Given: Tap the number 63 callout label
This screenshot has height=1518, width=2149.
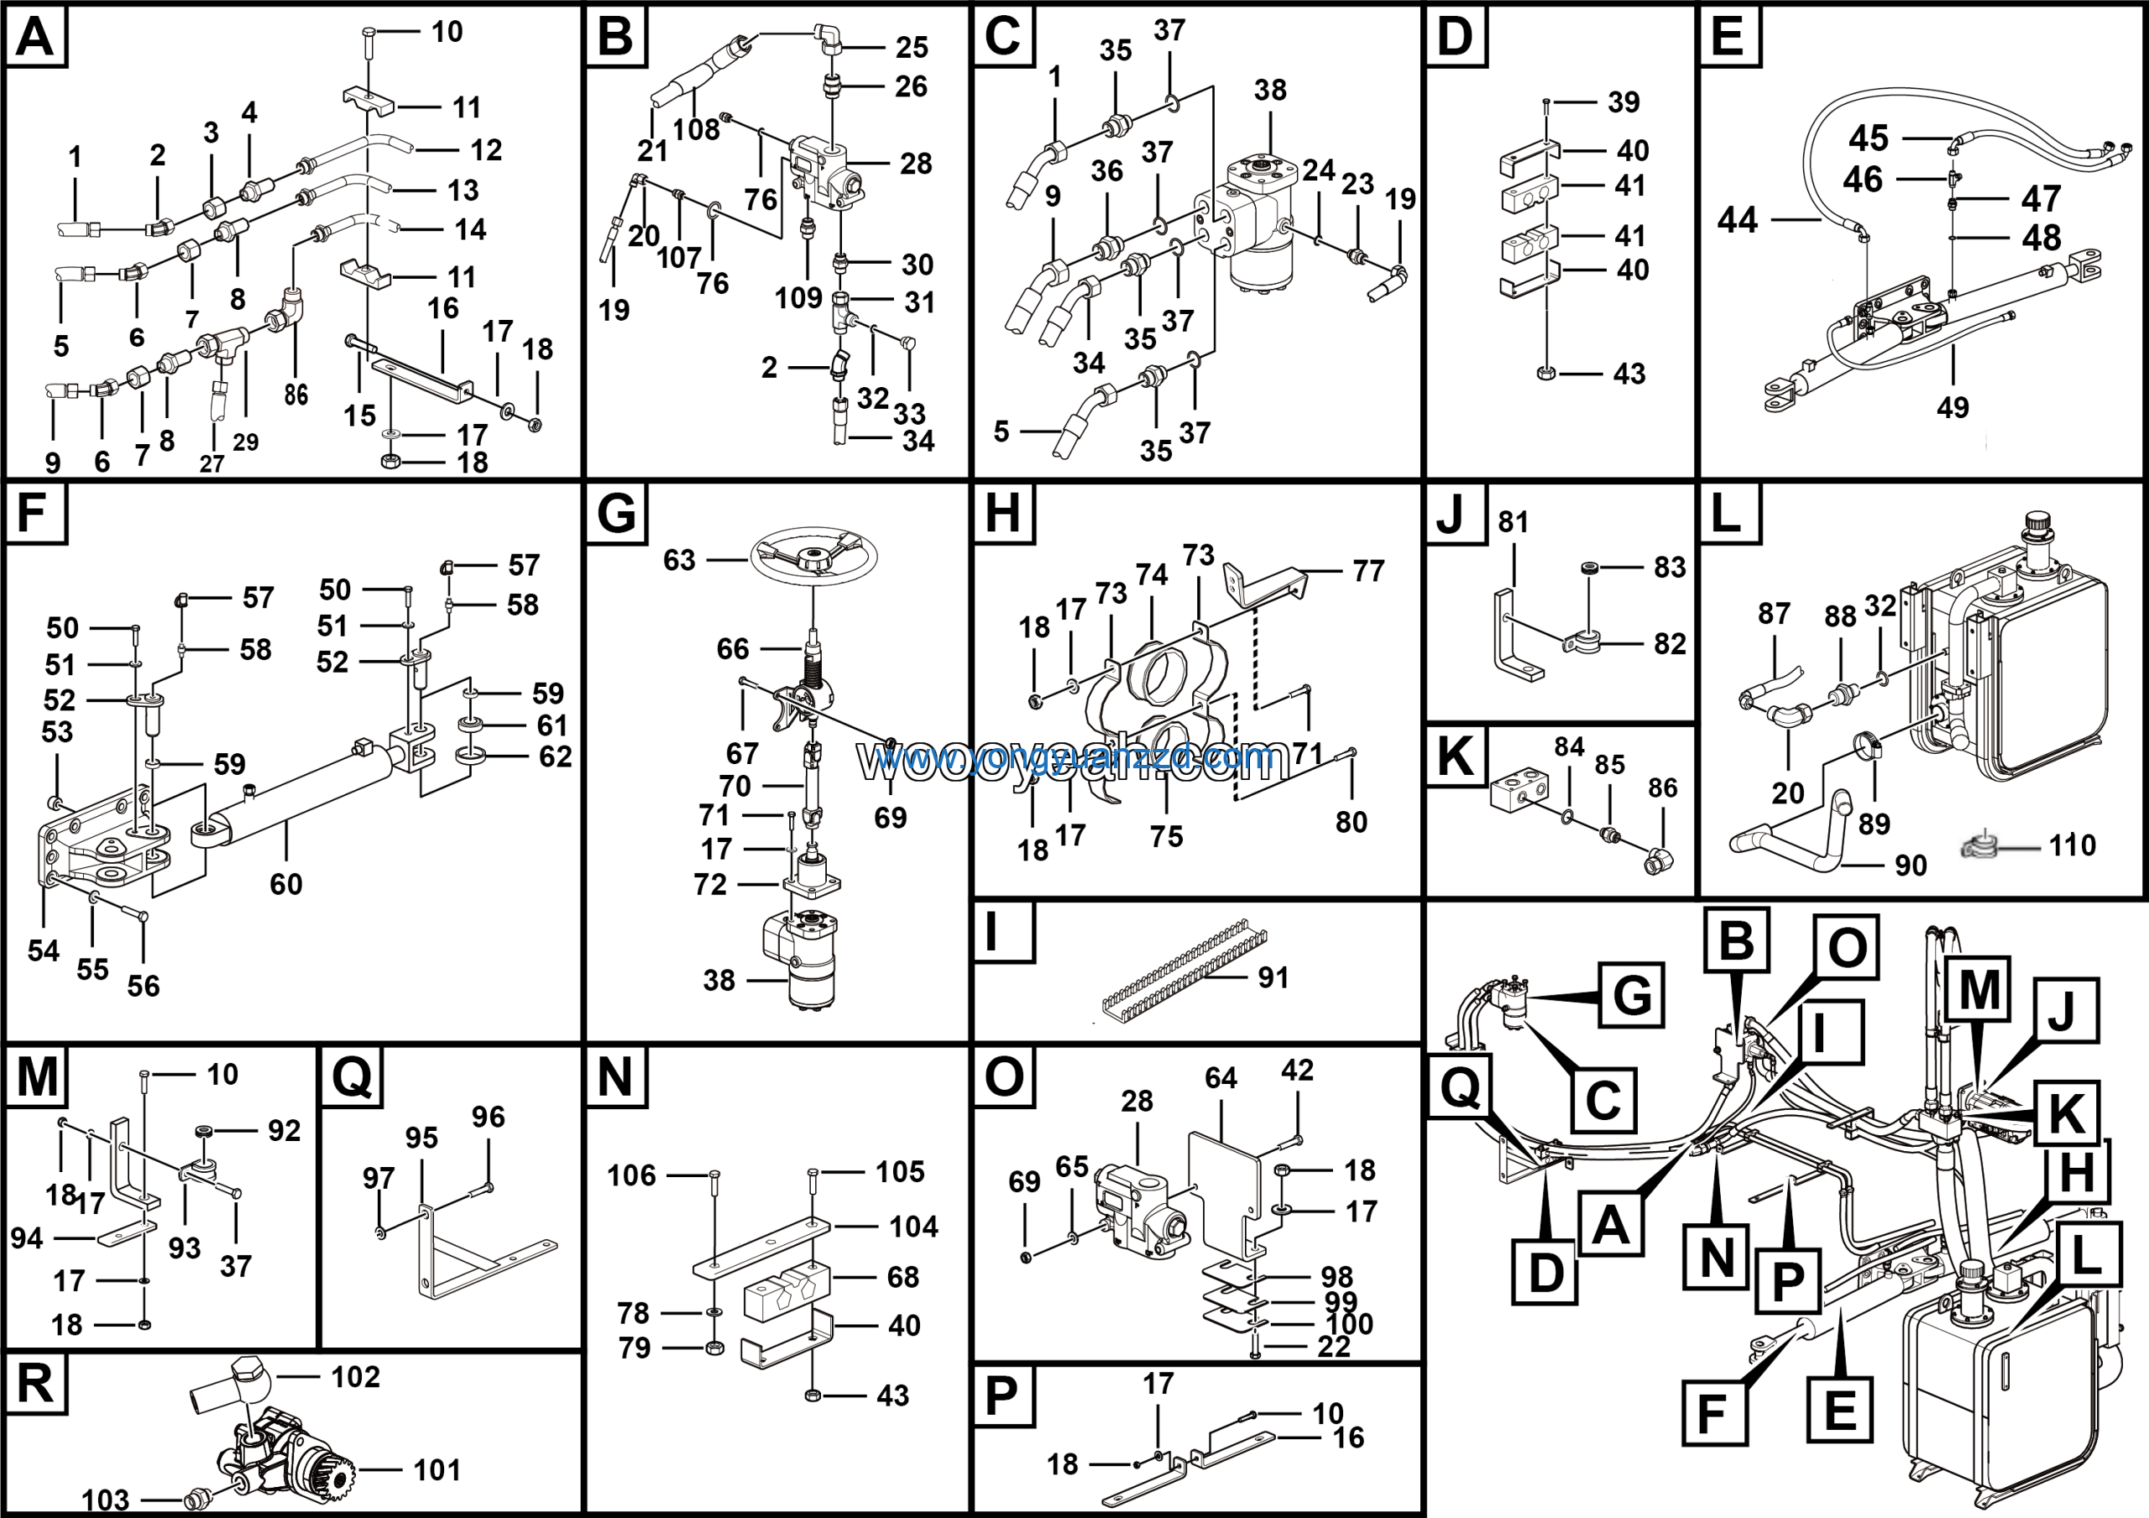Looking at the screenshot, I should coord(679,561).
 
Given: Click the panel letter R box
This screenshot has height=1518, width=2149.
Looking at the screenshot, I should coord(35,1383).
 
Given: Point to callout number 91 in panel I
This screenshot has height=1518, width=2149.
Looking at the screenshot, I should coord(1273,978).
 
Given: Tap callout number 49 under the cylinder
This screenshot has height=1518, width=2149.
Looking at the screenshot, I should coord(1953,408).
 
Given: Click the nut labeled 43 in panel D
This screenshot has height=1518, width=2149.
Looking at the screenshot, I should coord(1545,374).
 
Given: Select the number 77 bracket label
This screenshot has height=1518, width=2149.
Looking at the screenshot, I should coord(1368,571).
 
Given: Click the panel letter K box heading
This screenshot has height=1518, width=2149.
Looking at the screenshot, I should coord(1455,756).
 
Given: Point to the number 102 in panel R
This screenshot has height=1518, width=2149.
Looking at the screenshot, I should coord(356,1377).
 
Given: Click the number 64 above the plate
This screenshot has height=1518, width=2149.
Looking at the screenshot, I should coord(1221,1078).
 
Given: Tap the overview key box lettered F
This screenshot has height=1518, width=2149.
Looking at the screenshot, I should coord(1712,1413).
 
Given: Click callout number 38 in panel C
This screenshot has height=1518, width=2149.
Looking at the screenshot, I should coord(1270,90).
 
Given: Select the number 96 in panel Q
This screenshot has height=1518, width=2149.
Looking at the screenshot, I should coord(489,1117).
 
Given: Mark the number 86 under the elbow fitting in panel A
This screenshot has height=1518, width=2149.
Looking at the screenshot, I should coord(295,395).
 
